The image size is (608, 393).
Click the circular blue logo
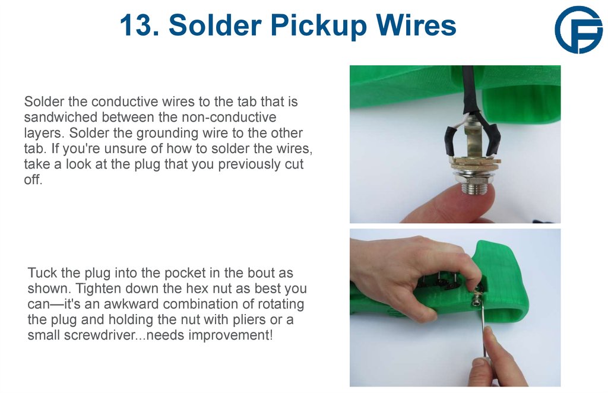click(x=578, y=30)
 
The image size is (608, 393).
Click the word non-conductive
click(x=235, y=117)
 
